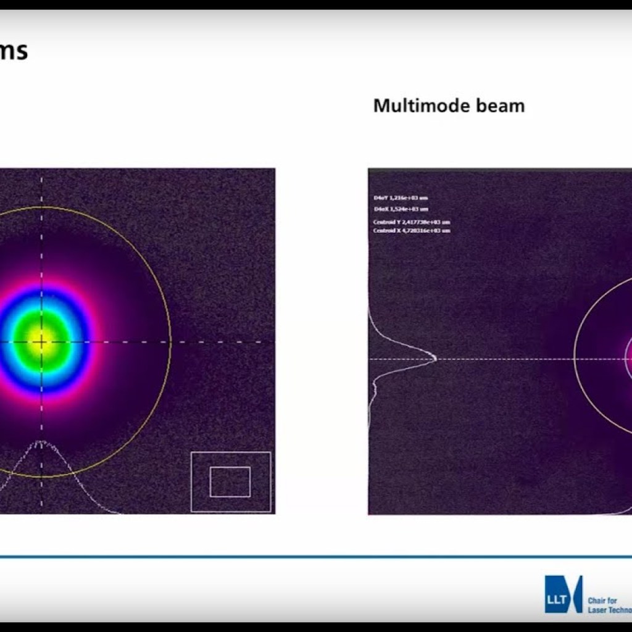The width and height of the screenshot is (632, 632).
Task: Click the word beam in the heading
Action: click(497, 106)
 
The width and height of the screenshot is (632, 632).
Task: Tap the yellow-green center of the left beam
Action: click(42, 341)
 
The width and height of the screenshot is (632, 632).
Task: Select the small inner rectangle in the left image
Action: click(230, 481)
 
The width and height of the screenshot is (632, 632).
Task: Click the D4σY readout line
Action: click(401, 198)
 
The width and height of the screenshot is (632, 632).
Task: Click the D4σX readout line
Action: click(401, 209)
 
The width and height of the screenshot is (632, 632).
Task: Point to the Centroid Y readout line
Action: click(412, 222)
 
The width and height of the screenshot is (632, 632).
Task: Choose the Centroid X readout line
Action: click(412, 230)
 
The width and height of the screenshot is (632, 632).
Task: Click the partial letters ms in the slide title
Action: click(14, 51)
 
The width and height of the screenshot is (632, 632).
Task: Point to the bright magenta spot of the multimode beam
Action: click(628, 358)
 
